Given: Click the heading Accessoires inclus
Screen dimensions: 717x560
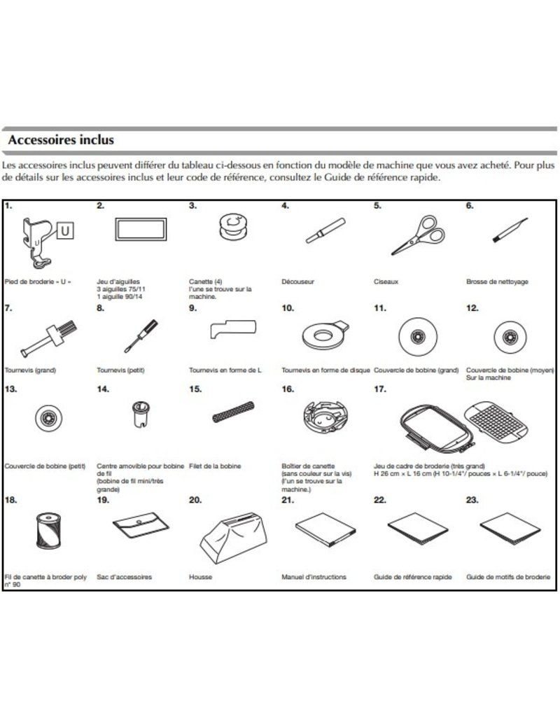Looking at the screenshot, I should coord(60,140).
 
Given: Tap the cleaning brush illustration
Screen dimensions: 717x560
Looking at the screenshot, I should coord(508,230).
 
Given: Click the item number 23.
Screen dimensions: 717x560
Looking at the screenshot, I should coord(473,501).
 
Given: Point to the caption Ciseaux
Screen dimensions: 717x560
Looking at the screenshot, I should coord(385,281).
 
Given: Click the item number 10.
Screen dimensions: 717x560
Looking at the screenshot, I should coord(287,307).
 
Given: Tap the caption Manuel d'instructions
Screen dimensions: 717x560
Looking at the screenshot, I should coord(314,577).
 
